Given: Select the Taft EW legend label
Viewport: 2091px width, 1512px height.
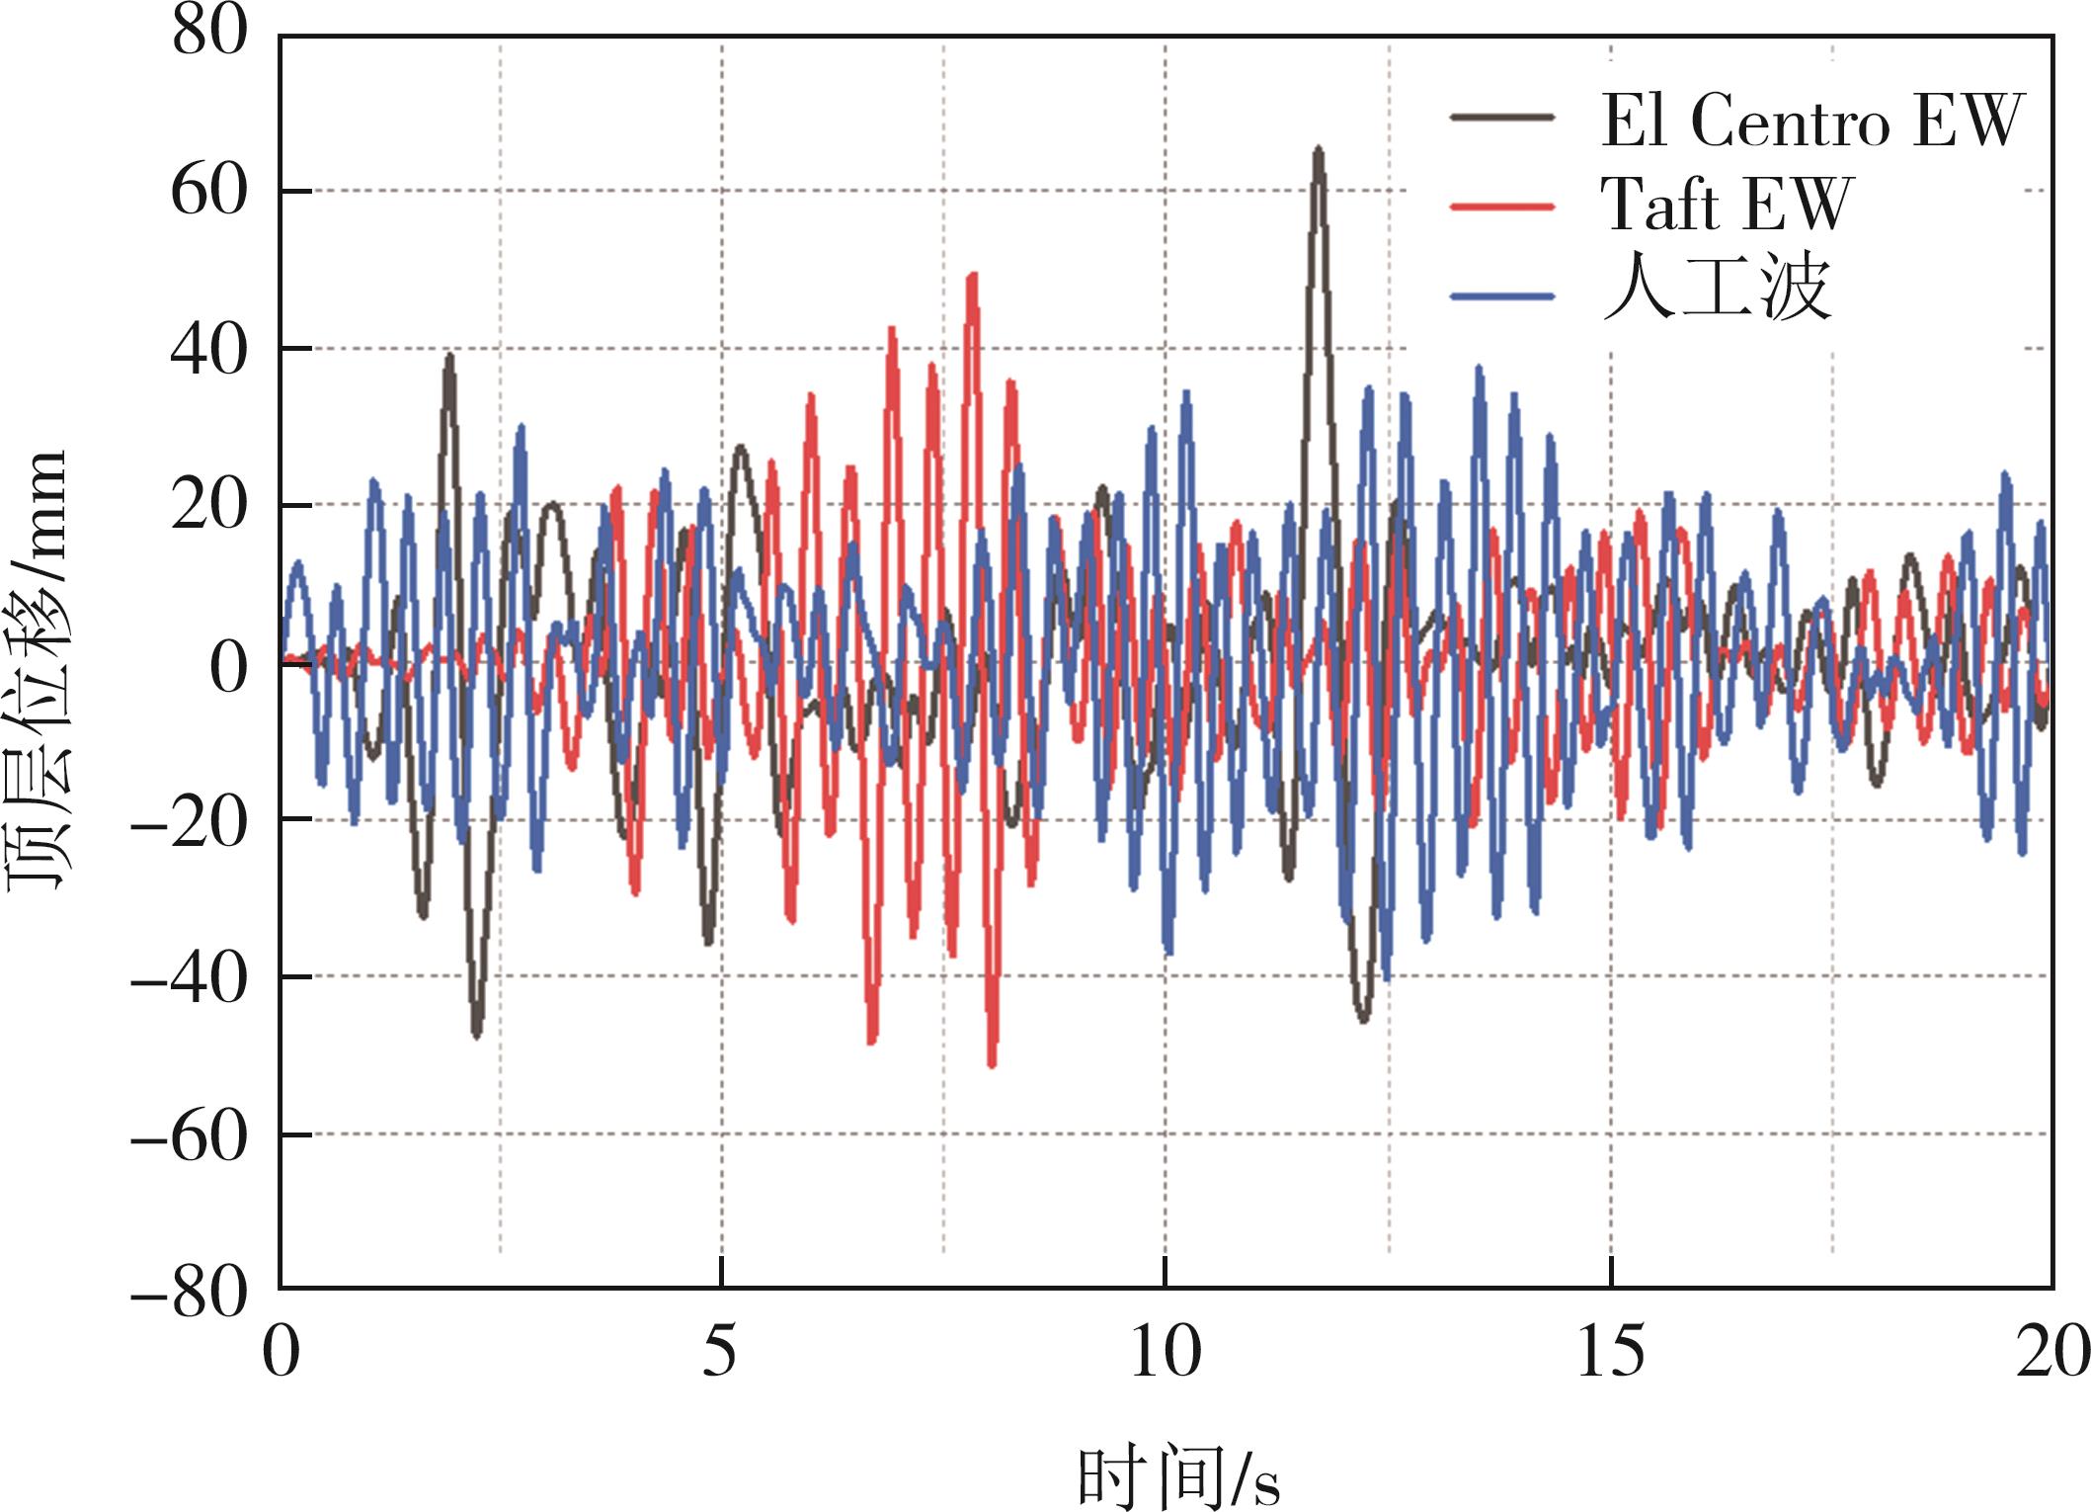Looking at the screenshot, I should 1727,205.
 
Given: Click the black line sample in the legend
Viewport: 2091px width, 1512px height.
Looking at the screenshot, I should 1502,117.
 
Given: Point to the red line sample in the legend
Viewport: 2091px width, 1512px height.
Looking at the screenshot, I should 1502,207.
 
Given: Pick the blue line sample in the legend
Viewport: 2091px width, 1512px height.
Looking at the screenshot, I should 1502,295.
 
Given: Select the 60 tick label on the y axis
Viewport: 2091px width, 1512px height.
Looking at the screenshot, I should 208,191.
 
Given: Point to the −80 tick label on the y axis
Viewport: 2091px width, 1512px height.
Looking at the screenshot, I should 189,1292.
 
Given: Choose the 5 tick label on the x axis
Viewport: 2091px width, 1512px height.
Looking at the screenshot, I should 720,1352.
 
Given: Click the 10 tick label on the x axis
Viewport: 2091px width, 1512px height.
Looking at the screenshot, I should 1165,1352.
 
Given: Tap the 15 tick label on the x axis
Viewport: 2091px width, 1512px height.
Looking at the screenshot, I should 1611,1352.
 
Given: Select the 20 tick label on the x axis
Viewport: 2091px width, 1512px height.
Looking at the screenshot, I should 2052,1352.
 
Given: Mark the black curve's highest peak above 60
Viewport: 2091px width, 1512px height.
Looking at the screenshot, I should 1318,150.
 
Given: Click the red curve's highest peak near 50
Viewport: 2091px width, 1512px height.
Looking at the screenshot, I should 973,276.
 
